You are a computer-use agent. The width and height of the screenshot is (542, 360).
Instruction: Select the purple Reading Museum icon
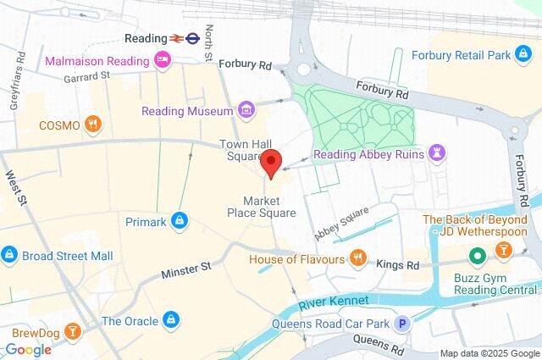point(246,110)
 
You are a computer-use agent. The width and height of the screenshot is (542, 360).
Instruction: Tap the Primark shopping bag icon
point(179,221)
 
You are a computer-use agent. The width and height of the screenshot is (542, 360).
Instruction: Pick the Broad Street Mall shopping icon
point(9,253)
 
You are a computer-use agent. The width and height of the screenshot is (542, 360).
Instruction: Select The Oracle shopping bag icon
point(170,320)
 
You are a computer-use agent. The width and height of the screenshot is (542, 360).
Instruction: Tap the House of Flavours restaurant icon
point(358,258)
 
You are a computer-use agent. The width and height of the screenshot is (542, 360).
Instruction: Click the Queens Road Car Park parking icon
point(404,323)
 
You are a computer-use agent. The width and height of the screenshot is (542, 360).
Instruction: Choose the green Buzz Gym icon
point(478,254)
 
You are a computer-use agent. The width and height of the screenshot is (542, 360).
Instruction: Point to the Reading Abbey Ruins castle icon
point(438,154)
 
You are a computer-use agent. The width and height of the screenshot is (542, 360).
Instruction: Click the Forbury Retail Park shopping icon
point(524,56)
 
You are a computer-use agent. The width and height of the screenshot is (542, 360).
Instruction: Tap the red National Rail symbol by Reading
point(177,38)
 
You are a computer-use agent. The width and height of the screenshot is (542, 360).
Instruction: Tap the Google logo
point(28,349)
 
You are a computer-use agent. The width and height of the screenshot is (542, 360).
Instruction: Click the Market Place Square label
point(269,207)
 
